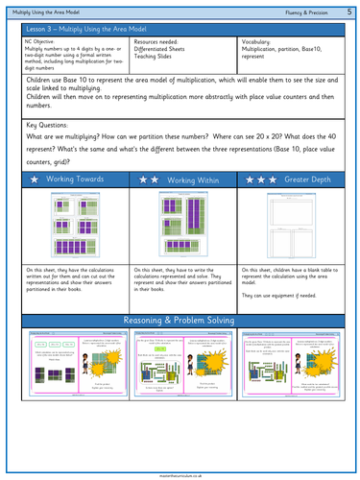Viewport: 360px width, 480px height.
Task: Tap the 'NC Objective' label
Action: (44, 43)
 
